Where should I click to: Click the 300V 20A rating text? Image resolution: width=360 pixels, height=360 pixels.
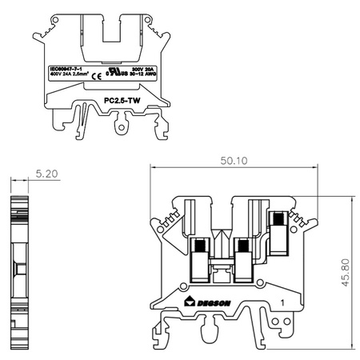pyautogui.click(x=142, y=70)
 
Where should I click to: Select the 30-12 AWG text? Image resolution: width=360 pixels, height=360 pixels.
pyautogui.click(x=144, y=77)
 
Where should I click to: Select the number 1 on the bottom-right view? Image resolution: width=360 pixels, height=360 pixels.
pyautogui.click(x=284, y=302)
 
